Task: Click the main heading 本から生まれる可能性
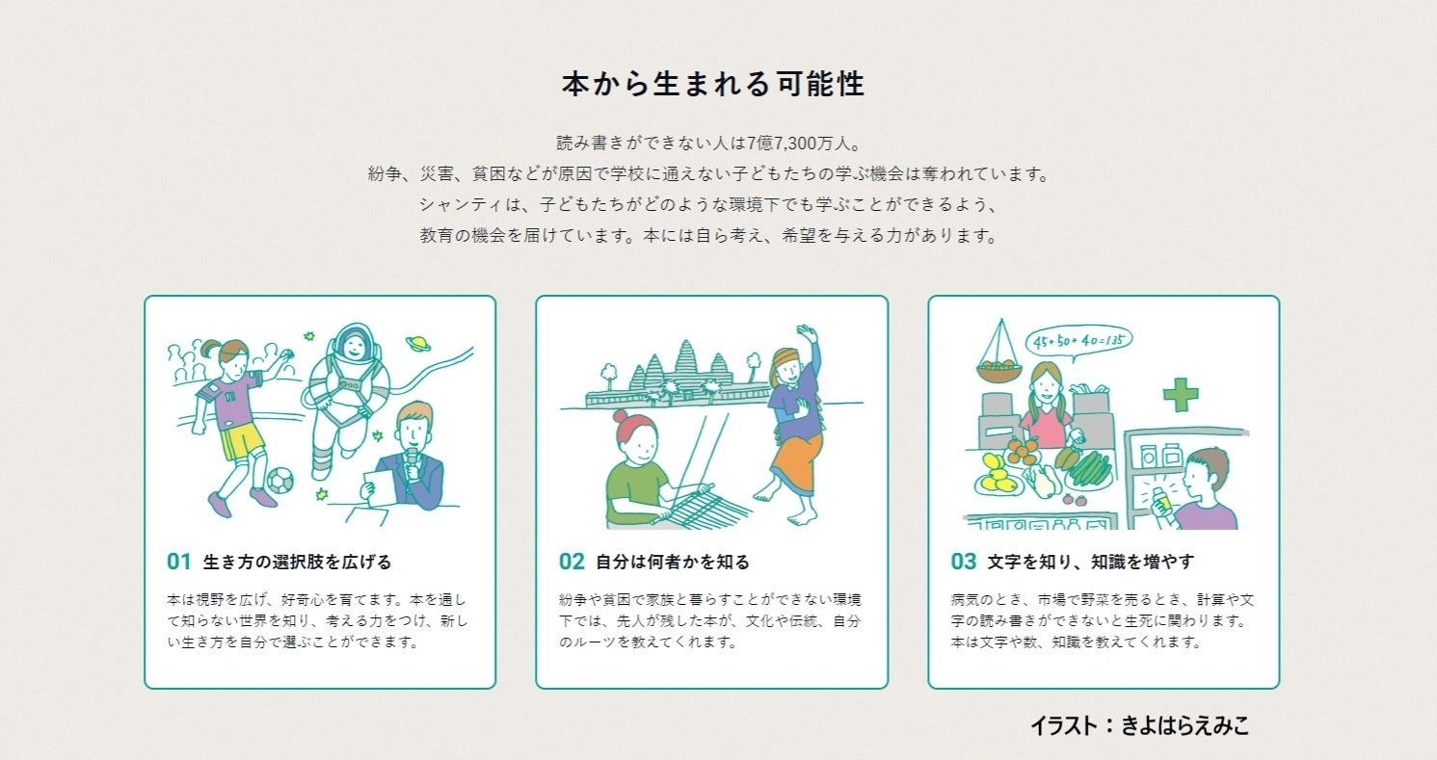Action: coord(713,84)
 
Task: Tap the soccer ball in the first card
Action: coord(280,480)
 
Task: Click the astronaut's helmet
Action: coord(354,343)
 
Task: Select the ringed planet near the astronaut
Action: coord(417,344)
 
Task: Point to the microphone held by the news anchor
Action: coord(412,464)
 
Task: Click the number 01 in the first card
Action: coord(179,562)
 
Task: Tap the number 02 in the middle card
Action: coord(572,562)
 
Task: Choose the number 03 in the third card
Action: coord(964,562)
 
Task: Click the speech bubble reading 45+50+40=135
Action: coord(1079,341)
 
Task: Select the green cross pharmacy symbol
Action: coord(1181,394)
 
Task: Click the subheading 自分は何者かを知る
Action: coord(673,562)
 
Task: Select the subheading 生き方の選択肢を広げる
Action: coord(297,562)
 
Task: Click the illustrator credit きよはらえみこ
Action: coord(1184,726)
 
